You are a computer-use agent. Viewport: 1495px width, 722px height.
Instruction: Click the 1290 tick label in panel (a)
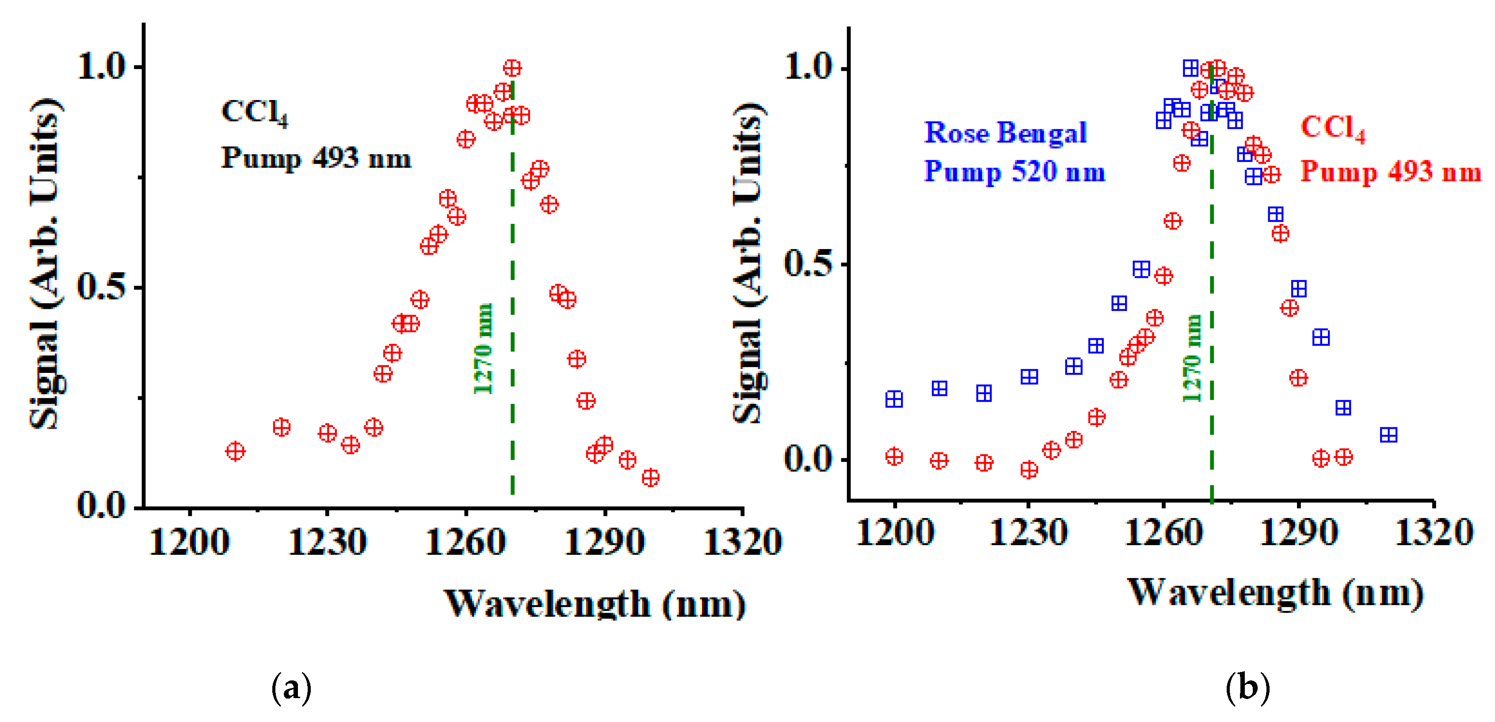tap(604, 542)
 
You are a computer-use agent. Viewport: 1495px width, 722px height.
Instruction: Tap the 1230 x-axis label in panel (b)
tap(1028, 533)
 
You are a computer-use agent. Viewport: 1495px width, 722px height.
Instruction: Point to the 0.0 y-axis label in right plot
tap(809, 459)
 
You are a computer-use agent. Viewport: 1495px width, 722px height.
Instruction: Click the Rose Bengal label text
tap(1005, 133)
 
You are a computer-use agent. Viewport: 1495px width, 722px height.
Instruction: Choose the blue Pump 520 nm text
tap(1014, 172)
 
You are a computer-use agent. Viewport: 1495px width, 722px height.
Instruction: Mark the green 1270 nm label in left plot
tap(483, 349)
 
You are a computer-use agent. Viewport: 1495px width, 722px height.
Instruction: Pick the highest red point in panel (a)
tap(512, 68)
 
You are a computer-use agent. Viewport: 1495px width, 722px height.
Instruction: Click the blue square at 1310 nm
tap(1388, 434)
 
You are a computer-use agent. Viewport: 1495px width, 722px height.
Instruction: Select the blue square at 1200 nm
tap(894, 399)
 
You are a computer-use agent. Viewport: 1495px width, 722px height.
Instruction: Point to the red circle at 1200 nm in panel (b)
tap(894, 457)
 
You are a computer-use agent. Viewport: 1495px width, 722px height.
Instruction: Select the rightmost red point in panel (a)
tap(651, 477)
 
